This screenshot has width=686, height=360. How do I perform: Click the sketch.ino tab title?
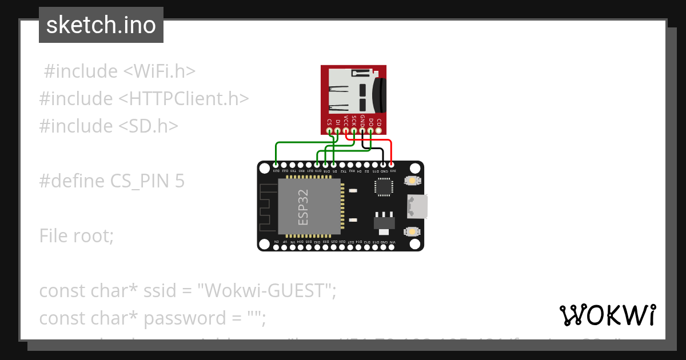tap(101, 25)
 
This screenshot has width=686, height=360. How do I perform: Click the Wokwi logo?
tap(607, 315)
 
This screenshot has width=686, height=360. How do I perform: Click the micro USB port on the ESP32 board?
tap(417, 206)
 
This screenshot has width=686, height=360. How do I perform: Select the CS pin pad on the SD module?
tap(329, 131)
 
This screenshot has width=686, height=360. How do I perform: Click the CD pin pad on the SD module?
tap(379, 131)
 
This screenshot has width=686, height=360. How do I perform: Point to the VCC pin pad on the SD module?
tap(346, 131)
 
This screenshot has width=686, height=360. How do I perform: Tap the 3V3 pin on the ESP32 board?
tap(392, 165)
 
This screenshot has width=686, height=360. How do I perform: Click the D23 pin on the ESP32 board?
tap(276, 165)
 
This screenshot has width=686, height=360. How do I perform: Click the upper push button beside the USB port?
tap(411, 181)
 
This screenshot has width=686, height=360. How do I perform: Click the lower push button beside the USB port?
tap(411, 231)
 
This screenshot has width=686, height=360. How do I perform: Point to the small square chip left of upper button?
tap(384, 187)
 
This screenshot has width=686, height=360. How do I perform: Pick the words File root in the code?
tap(77, 235)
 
